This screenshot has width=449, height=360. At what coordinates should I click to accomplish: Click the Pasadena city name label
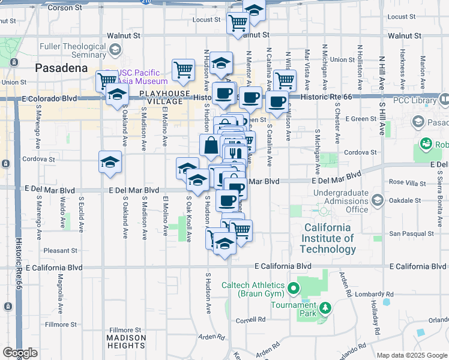coord(62,68)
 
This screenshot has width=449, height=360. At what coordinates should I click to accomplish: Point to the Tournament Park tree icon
coord(325,308)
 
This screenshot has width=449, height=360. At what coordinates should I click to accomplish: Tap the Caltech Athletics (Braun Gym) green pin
coord(294,289)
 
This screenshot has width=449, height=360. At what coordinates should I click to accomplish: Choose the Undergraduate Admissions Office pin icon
coord(324,211)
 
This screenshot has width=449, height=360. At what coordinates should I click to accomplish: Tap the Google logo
coord(20,352)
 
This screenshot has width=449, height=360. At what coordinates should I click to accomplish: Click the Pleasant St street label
coord(60,250)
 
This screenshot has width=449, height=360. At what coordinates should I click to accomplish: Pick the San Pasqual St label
coord(412,233)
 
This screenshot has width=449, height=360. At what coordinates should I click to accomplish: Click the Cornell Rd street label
coord(250,319)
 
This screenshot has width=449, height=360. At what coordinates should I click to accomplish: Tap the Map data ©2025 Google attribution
coord(412,355)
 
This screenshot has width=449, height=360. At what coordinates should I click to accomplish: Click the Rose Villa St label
coord(405,182)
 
